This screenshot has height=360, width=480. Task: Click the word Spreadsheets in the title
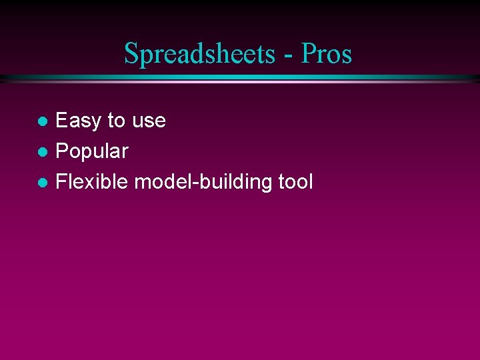pos(198,54)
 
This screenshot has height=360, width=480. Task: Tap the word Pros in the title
pos(326,54)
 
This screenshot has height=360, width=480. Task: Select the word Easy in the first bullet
pos(79,121)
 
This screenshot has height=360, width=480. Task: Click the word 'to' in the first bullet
pos(117,121)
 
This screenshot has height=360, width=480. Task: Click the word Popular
pos(91,151)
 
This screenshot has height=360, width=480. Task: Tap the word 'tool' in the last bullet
pos(295,181)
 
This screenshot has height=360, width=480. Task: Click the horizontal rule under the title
pos(240,79)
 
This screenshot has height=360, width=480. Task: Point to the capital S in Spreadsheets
pos(131,54)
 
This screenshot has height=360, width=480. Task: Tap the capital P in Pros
pos(308,53)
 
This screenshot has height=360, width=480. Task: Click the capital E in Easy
pos(62,121)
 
